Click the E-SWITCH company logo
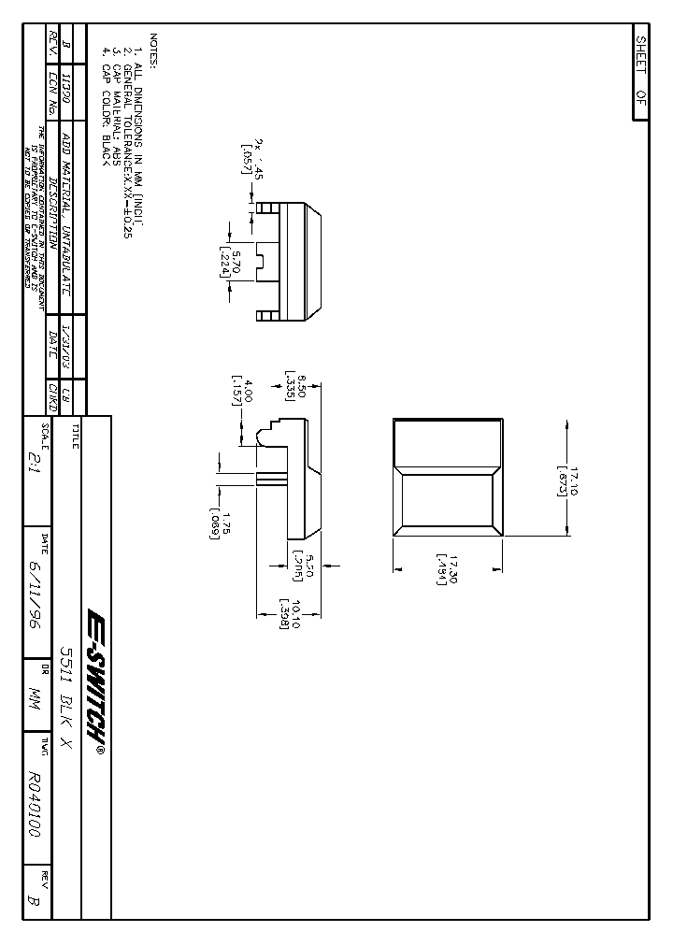click(94, 670)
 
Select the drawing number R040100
click(35, 804)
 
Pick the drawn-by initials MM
click(35, 696)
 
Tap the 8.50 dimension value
click(301, 383)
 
